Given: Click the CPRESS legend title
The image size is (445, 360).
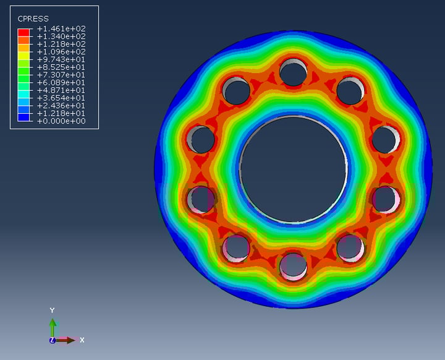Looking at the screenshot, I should [x=33, y=19].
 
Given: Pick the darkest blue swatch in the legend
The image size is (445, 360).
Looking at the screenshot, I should [x=23, y=117].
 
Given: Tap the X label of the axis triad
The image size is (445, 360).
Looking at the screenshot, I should [x=82, y=340].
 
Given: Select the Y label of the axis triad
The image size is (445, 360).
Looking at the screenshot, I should [x=53, y=310].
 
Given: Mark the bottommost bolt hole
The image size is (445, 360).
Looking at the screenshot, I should [x=293, y=267].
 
